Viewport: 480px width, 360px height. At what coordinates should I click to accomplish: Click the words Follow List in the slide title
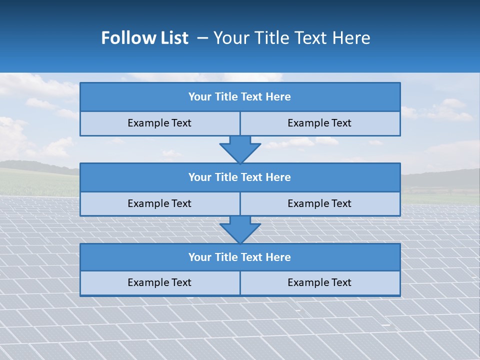[x=144, y=38]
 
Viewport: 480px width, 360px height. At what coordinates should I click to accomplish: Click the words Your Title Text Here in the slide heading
[x=292, y=38]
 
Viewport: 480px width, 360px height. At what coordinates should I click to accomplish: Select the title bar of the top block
[x=240, y=97]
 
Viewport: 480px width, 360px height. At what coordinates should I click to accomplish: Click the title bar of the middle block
[x=240, y=177]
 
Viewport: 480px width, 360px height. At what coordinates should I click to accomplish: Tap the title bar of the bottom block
[x=240, y=257]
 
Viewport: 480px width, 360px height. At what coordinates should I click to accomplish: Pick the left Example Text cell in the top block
[x=159, y=123]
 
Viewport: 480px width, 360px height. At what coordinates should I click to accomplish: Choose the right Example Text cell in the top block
[x=320, y=123]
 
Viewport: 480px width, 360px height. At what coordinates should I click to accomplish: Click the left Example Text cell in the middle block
[x=159, y=204]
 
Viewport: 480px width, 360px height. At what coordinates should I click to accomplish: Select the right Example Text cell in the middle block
[x=320, y=204]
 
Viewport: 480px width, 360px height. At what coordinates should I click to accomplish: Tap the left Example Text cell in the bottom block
[x=159, y=283]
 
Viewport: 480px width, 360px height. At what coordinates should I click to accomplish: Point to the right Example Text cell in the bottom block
[x=320, y=283]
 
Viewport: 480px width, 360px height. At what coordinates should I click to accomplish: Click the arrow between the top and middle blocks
[x=240, y=149]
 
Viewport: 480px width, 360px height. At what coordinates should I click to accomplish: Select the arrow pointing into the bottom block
[x=240, y=229]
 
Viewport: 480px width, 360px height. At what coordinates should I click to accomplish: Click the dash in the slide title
[x=202, y=38]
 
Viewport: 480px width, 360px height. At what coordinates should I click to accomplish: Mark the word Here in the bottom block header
[x=278, y=257]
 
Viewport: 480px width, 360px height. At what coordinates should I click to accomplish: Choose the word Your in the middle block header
[x=199, y=177]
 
